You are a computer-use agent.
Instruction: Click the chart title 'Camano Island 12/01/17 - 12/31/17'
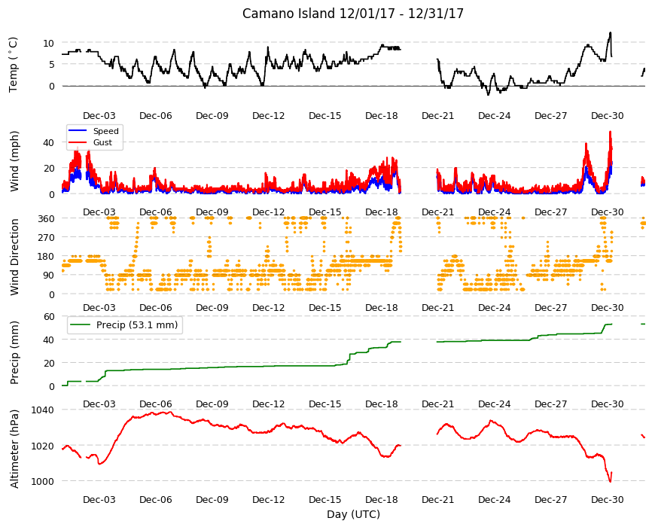click(x=353, y=14)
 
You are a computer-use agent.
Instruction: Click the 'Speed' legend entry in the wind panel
click(x=105, y=131)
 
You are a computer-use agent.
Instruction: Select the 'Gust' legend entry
click(x=102, y=142)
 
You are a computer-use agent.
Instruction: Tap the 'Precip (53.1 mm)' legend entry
click(x=137, y=325)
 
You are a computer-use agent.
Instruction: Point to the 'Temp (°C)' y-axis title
click(x=14, y=65)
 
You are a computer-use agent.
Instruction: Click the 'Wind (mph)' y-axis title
click(x=14, y=161)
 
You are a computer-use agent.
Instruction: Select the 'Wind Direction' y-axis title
click(x=14, y=257)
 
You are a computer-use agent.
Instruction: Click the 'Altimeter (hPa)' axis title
click(x=14, y=449)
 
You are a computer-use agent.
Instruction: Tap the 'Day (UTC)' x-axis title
click(x=353, y=514)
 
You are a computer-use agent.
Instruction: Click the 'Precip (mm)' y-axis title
click(x=14, y=352)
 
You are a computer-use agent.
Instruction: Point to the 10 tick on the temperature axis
click(x=48, y=43)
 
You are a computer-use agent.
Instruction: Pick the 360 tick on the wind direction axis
click(x=46, y=219)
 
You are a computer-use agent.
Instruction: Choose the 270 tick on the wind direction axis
click(x=46, y=238)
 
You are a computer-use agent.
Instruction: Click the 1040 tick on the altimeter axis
click(x=43, y=410)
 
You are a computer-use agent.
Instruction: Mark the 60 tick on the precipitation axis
click(x=49, y=316)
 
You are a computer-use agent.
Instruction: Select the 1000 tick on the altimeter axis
click(x=43, y=482)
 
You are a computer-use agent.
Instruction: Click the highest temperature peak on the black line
click(x=611, y=32)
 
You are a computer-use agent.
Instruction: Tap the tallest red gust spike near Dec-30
click(x=611, y=132)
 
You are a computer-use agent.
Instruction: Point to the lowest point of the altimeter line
click(x=611, y=482)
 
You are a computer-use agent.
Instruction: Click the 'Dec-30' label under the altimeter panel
click(x=608, y=500)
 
